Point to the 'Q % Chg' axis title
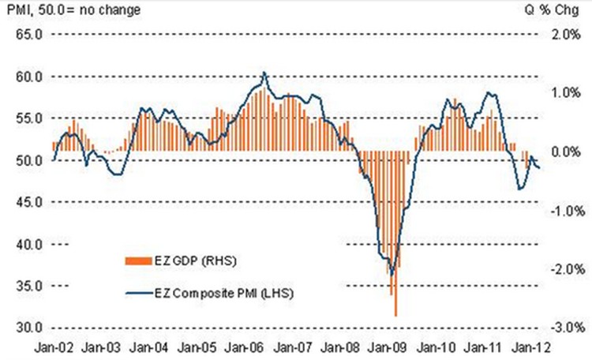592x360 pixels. tap(563, 11)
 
